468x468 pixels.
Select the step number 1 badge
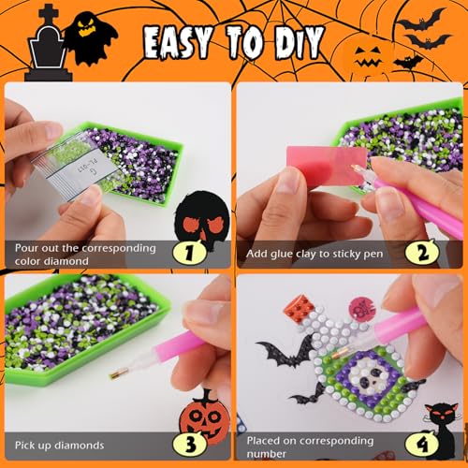pos(189,253)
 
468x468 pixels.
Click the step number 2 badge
pos(422,253)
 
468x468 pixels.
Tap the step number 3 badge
pos(189,445)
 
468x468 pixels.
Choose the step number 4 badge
pos(422,444)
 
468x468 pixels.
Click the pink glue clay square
pos(327,166)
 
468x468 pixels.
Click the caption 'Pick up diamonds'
pos(59,446)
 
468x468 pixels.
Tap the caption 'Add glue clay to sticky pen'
pos(314,254)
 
